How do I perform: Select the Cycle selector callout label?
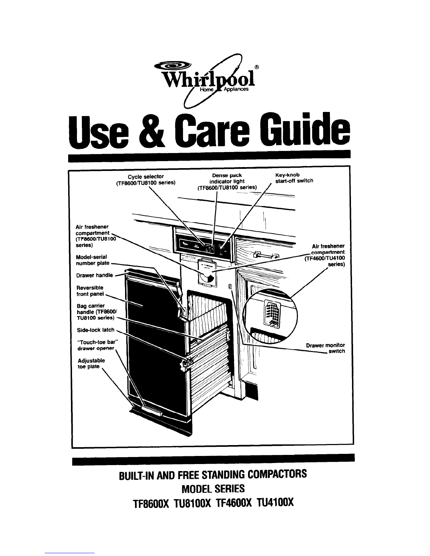pos(145,180)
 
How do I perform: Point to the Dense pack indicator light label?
pos(227,181)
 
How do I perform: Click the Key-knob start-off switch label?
pos(294,178)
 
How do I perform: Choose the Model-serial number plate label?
pos(93,260)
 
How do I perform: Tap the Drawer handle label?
pos(95,275)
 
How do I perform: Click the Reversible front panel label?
pos(90,291)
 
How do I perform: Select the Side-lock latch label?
pos(96,330)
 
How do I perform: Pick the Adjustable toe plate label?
pos(91,363)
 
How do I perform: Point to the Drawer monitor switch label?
pos(326,348)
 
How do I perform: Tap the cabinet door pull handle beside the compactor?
pos(266,255)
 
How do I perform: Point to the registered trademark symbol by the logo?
pos(256,67)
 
